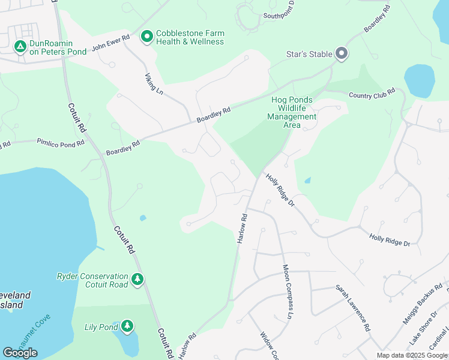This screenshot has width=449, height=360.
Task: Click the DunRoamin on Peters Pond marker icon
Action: coord(20,46)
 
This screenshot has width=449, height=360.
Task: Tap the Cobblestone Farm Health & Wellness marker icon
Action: coord(146,38)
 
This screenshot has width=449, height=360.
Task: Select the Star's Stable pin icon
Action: coord(342,54)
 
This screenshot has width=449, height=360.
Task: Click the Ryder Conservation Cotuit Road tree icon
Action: coord(138,279)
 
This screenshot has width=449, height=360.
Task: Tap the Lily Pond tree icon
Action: coord(127,326)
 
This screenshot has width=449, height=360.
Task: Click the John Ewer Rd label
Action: coord(111,43)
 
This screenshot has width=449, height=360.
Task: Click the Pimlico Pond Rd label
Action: coord(51,142)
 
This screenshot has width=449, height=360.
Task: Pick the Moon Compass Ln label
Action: coord(287,292)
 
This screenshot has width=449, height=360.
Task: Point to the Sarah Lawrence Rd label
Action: coord(352,309)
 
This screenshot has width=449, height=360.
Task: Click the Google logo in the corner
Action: coord(20,353)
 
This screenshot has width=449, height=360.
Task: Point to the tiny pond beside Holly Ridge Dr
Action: coord(308,180)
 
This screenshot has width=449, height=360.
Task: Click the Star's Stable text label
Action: coord(309,54)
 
